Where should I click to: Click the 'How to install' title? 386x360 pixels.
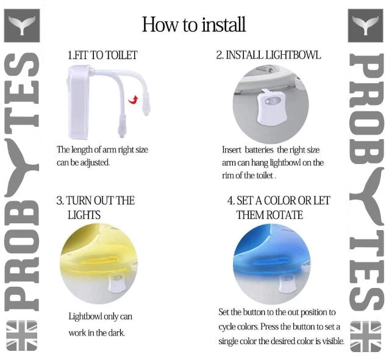click(x=194, y=24)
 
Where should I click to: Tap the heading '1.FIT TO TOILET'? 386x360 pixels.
click(x=102, y=56)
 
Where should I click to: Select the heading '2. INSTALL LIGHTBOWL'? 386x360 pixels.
click(x=268, y=56)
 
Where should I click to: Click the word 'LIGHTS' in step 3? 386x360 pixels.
click(x=84, y=215)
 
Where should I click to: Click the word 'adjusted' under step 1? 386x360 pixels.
click(x=96, y=163)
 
